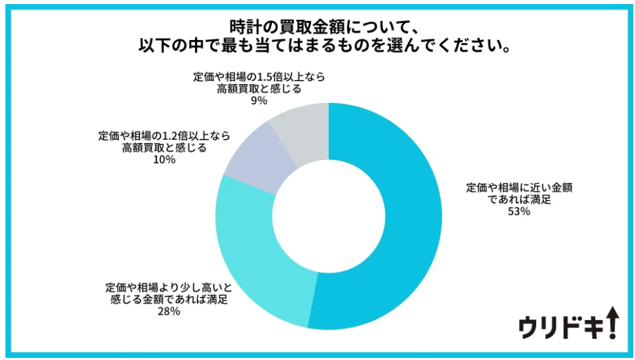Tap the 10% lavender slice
tap(254, 159)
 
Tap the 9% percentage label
tap(259, 100)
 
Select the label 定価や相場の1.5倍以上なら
tap(259, 77)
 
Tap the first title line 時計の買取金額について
tap(318, 27)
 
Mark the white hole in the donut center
tap(329, 216)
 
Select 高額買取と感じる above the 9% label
tap(259, 88)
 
